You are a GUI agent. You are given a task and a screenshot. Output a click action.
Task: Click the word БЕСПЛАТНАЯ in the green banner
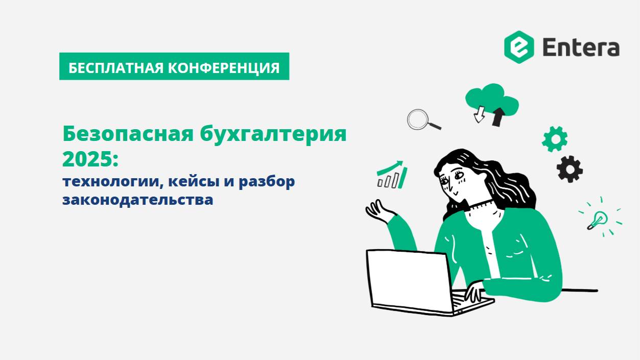[x=116, y=67]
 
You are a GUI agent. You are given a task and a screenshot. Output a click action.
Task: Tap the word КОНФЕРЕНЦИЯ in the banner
[x=224, y=67]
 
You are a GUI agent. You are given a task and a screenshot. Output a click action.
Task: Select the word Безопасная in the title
[x=126, y=134]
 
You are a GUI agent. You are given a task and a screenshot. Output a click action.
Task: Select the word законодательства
[x=138, y=199]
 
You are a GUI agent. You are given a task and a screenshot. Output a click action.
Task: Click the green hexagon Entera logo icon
[x=519, y=47]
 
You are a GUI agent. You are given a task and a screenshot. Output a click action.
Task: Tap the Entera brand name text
[x=581, y=47]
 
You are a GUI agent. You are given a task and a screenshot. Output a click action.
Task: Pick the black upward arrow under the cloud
[x=497, y=117]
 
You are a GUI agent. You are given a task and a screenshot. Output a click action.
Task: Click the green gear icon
[x=555, y=139]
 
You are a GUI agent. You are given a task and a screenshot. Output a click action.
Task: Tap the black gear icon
[x=570, y=169]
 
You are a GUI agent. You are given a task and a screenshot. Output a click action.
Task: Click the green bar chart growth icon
[x=392, y=175]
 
